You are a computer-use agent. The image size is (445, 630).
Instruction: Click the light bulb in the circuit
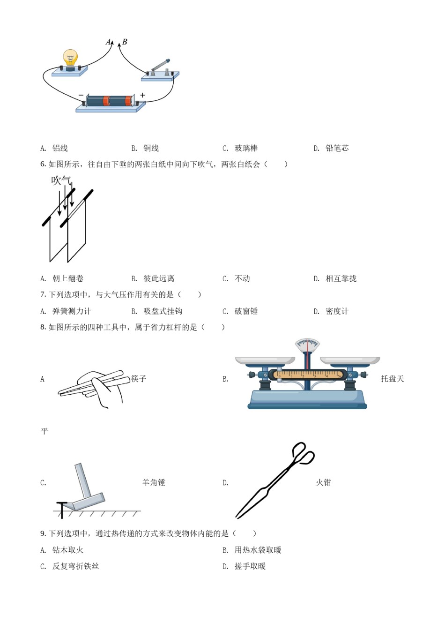coord(70,59)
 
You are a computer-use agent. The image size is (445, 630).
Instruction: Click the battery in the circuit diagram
coord(110,100)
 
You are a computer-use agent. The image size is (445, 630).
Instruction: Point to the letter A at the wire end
coord(108,42)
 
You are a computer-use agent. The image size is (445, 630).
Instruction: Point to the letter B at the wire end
coord(125,42)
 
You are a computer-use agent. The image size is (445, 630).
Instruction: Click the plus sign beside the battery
coord(142,95)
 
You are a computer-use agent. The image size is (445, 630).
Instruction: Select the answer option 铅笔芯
coord(337,148)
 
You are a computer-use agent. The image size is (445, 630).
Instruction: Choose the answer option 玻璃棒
coord(246,148)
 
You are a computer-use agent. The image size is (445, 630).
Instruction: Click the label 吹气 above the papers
coord(61,180)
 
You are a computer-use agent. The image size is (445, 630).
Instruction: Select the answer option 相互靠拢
coord(341,278)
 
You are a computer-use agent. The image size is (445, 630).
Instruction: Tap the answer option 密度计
coord(337,311)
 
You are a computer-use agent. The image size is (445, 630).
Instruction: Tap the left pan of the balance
coord(265,360)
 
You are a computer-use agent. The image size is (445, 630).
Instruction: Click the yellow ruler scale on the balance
coord(308,375)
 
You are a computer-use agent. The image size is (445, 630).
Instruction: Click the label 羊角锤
coord(154,482)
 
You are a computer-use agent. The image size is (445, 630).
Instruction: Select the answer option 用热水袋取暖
coord(258,550)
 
